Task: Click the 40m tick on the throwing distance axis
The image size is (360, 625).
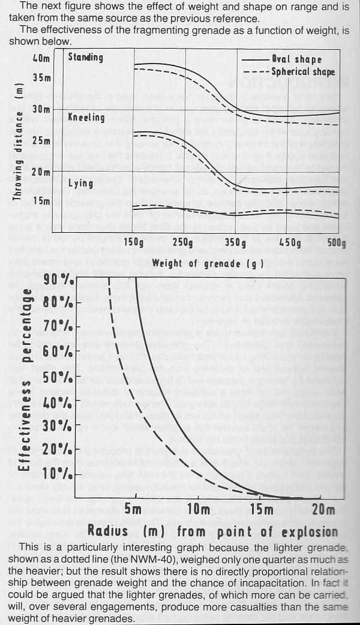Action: [x=41, y=59]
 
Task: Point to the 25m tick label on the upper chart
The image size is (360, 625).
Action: [x=41, y=140]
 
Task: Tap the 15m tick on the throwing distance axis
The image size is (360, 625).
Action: [x=41, y=200]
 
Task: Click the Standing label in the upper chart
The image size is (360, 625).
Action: [x=85, y=58]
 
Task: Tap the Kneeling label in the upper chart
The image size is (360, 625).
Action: [x=86, y=118]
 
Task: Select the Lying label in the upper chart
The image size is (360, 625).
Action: [x=80, y=182]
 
